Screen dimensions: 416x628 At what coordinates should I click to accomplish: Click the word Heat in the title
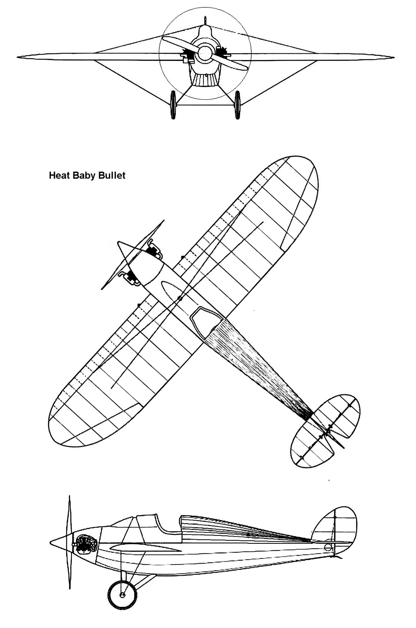click(59, 176)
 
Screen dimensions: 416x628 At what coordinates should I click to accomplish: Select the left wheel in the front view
click(173, 105)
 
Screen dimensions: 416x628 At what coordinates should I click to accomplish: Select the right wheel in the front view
click(237, 105)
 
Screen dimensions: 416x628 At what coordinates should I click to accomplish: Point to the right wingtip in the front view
click(393, 58)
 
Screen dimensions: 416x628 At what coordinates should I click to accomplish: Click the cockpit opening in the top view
click(207, 322)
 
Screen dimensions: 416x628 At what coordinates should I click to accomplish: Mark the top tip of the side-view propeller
click(70, 496)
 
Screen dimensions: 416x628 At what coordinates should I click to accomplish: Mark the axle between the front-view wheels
click(205, 105)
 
